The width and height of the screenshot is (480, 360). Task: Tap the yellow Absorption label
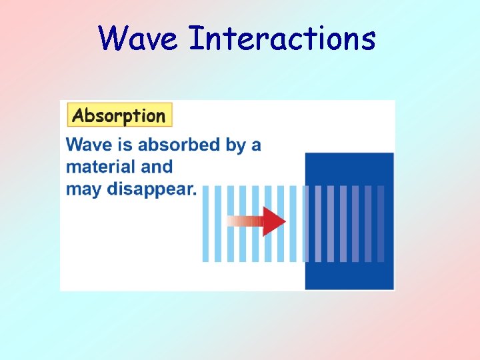(x=119, y=115)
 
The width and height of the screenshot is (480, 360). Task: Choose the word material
(x=99, y=167)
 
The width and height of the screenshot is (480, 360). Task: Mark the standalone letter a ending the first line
(x=256, y=145)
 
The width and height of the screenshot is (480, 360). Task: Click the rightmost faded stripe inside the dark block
(x=381, y=223)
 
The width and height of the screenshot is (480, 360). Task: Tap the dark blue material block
(x=349, y=273)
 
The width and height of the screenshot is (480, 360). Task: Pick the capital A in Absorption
(x=78, y=115)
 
